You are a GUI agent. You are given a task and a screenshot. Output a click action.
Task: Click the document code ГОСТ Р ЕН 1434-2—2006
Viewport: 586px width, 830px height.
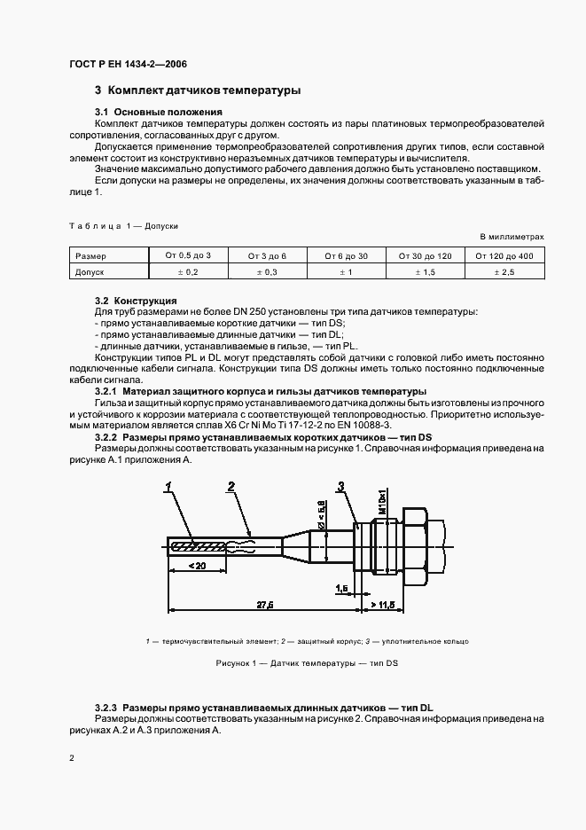click(128, 65)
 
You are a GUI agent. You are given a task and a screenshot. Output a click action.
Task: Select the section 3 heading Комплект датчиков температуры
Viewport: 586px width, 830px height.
click(198, 90)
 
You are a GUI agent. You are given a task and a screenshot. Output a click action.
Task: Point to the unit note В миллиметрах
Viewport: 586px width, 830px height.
click(512, 237)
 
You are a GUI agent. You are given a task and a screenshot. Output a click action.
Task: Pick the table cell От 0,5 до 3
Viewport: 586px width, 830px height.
click(188, 255)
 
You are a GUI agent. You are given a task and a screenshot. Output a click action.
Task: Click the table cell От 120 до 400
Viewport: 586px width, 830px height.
click(504, 255)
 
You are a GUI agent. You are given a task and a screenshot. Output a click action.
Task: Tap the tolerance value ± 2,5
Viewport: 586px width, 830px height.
click(504, 272)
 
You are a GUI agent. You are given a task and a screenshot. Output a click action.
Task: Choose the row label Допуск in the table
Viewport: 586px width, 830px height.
click(90, 272)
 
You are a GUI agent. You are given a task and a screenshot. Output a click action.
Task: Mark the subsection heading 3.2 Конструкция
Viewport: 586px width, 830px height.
click(135, 301)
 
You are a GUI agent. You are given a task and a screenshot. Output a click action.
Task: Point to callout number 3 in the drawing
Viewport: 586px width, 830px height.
click(340, 485)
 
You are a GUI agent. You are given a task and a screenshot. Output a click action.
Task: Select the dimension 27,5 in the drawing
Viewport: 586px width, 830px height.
click(264, 604)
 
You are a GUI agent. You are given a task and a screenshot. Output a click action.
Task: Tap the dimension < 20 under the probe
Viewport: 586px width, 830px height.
click(198, 565)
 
